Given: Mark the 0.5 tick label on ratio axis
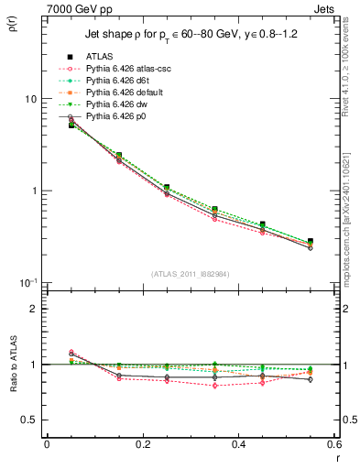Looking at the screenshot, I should click(x=29, y=420).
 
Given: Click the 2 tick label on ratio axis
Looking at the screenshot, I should click(x=33, y=309).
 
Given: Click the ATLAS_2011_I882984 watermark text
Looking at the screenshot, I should click(x=191, y=274).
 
